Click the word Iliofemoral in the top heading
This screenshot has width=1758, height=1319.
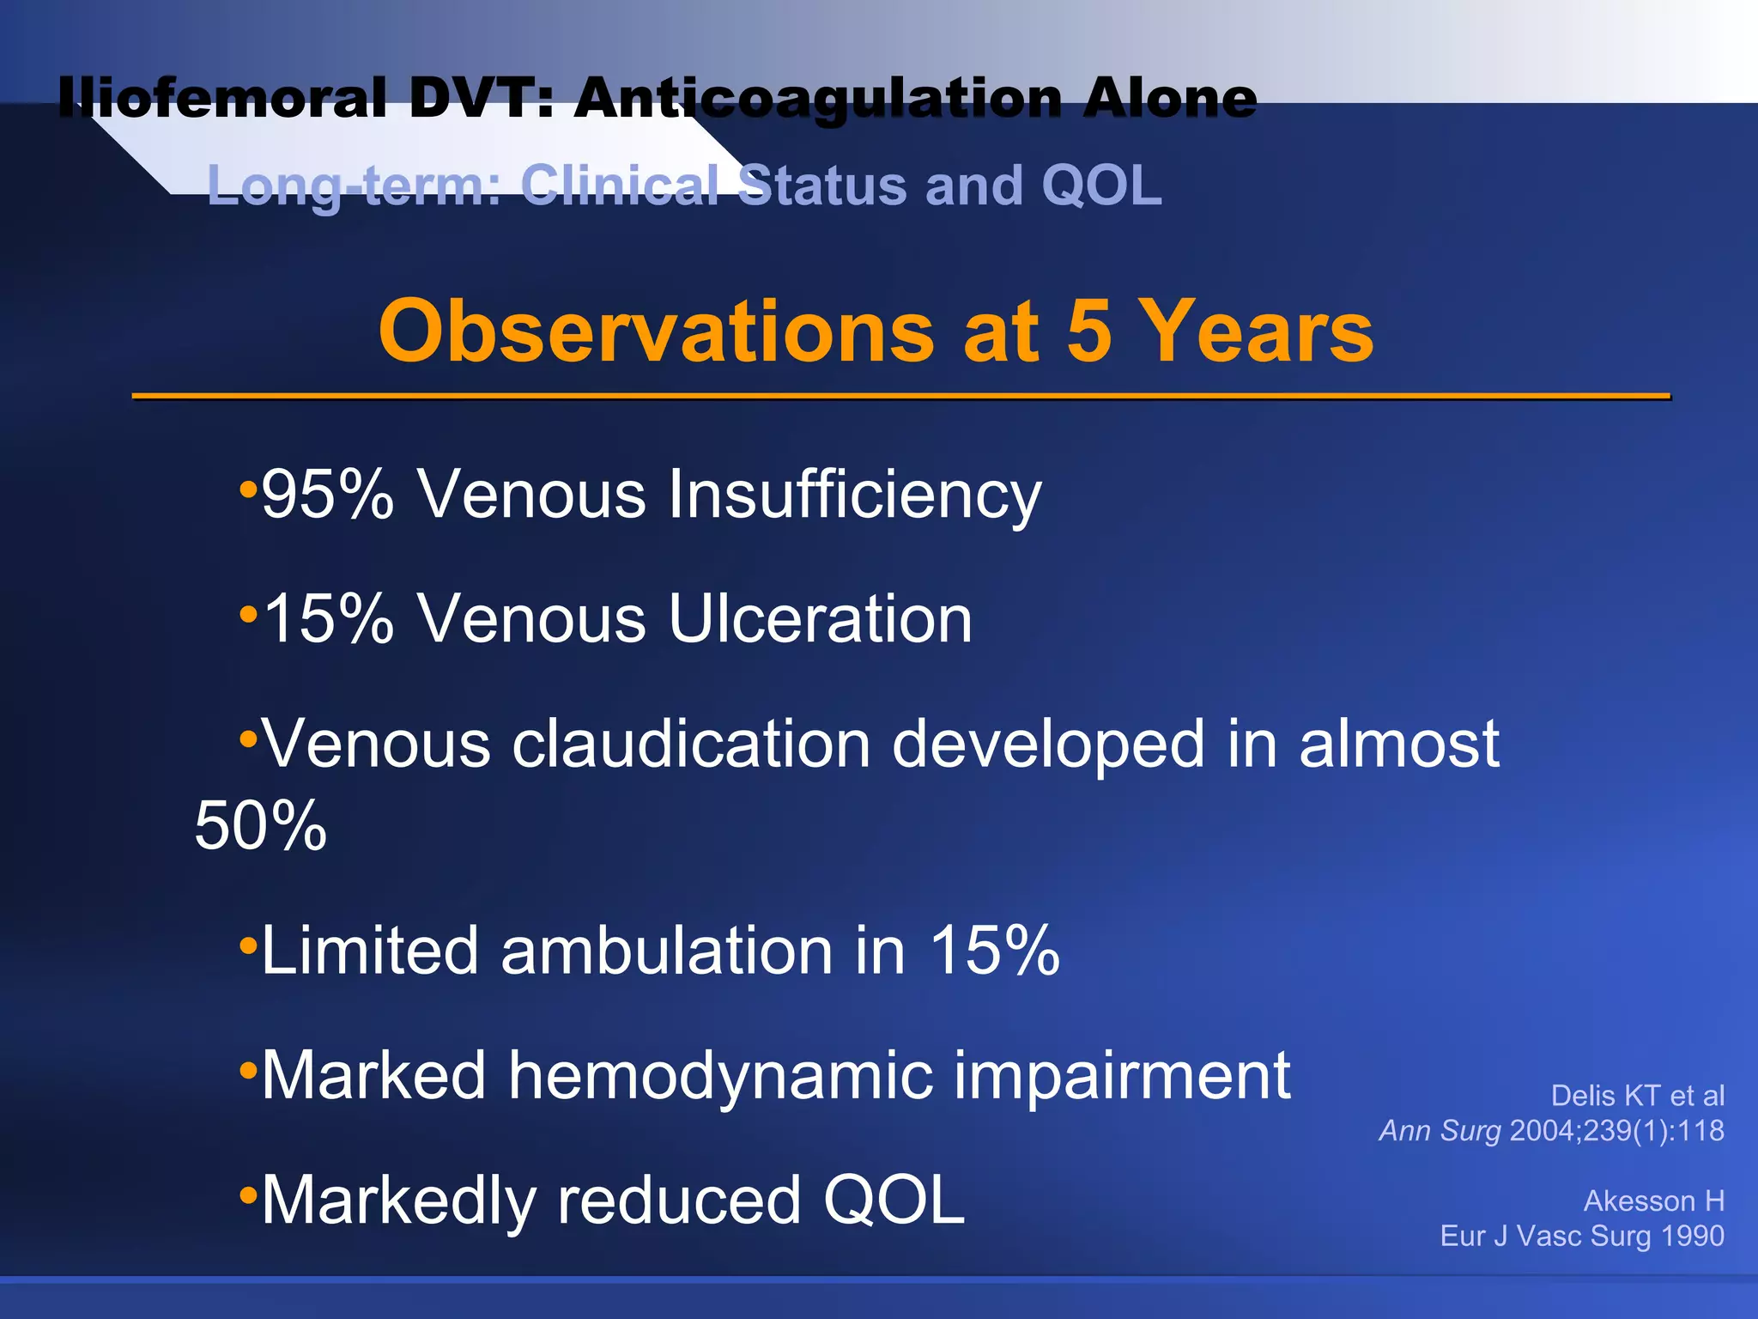tap(221, 98)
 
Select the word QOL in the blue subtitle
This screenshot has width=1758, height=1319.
tap(1101, 185)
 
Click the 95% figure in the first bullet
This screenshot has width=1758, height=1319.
tap(327, 495)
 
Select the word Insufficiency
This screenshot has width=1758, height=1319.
tap(854, 495)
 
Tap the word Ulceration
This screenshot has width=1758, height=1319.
tap(820, 618)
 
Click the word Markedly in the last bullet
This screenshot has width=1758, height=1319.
tap(399, 1200)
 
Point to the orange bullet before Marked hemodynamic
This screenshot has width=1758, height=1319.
tap(248, 1070)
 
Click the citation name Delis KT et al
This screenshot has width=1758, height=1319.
tap(1637, 1096)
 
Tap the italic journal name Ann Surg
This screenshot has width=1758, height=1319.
tap(1440, 1131)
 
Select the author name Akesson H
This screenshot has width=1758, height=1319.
tap(1653, 1200)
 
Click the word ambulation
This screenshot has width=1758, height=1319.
tap(666, 950)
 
